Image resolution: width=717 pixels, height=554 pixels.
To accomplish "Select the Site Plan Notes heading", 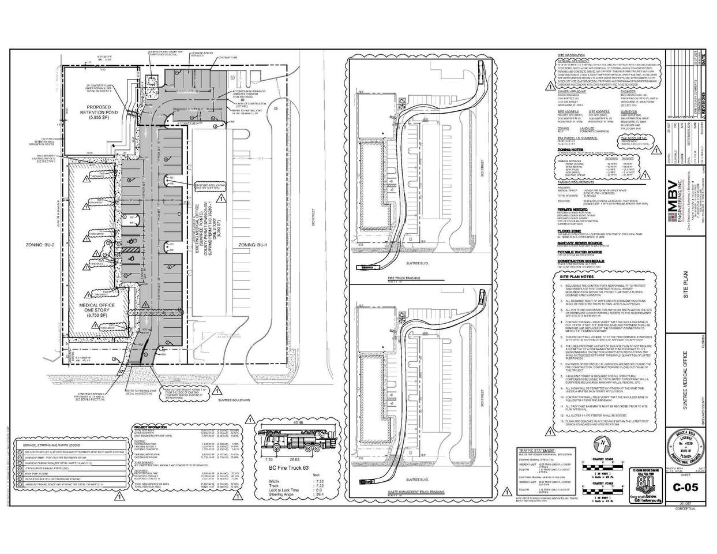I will click(577, 277).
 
